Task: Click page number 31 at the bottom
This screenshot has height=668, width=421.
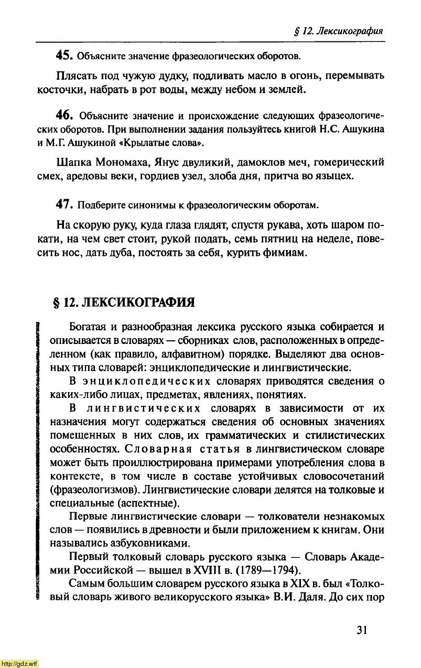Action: (362, 630)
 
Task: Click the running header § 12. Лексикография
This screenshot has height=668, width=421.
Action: (338, 31)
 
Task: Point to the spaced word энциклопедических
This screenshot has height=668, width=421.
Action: (137, 381)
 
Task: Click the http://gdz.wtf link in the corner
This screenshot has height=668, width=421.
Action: (19, 663)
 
